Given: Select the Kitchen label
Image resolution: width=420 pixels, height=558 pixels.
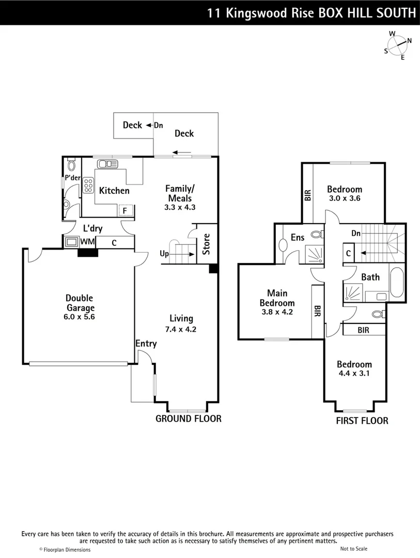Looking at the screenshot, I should (x=114, y=191).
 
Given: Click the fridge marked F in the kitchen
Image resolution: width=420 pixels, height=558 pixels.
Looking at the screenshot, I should (x=126, y=211).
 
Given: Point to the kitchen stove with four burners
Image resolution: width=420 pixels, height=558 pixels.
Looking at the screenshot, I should (x=88, y=184).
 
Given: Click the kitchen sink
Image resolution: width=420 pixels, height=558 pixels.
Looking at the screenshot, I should (x=107, y=164).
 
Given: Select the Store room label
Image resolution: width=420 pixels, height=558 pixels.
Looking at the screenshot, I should (x=206, y=244).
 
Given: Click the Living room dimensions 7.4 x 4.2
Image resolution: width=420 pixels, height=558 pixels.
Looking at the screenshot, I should (x=181, y=329).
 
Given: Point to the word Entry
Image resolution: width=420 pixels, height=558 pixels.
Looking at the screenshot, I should (x=146, y=344).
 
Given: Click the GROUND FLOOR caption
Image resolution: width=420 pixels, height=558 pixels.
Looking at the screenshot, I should (x=188, y=419).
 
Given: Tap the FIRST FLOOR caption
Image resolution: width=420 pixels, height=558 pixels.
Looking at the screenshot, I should (x=362, y=421).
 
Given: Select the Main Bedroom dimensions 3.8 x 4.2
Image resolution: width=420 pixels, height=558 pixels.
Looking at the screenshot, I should (x=277, y=312).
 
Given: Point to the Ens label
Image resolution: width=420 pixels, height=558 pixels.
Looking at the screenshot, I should (x=297, y=237).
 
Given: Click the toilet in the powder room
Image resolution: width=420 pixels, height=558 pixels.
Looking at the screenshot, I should (x=71, y=165).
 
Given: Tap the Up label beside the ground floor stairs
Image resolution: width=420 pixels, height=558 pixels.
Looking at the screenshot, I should (x=164, y=254).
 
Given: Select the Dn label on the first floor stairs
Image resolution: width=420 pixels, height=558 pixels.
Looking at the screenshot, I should (x=355, y=234).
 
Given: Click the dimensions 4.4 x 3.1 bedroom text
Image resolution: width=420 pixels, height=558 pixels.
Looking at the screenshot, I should (x=354, y=373).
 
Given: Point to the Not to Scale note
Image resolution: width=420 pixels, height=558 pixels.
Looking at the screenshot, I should (x=354, y=549).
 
